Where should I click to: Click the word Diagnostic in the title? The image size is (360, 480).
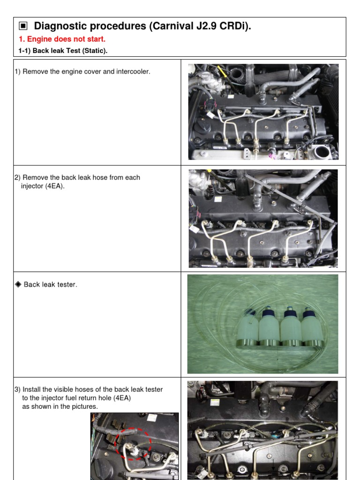click(59, 26)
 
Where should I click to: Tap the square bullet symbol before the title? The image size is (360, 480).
click(22, 26)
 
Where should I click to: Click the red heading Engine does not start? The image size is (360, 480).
click(62, 39)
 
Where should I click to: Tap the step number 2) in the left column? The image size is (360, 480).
click(17, 178)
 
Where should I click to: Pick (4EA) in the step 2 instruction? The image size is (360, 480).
click(55, 186)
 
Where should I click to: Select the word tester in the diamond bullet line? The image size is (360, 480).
click(66, 285)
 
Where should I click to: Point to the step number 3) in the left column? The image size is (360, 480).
click(17, 390)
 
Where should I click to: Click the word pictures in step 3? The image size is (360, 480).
click(86, 406)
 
